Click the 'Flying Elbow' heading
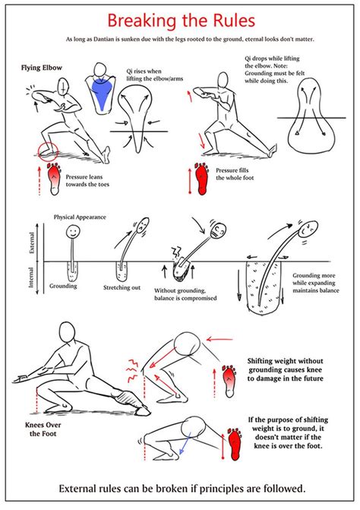(43, 68)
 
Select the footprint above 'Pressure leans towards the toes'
(54, 176)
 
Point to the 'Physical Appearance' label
(80, 217)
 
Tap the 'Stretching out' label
(122, 289)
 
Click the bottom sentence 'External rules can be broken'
(180, 488)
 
